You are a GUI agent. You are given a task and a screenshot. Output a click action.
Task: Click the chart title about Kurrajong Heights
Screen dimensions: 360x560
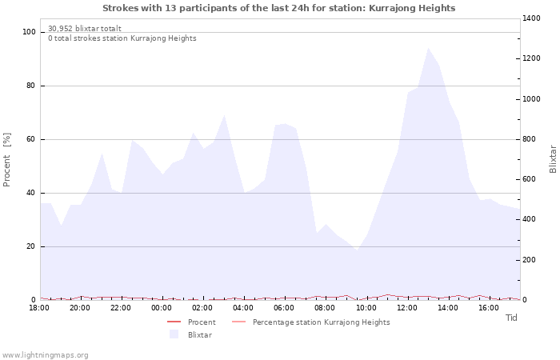[x=279, y=8]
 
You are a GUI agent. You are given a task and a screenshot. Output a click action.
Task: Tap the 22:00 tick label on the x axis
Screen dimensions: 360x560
[x=121, y=308]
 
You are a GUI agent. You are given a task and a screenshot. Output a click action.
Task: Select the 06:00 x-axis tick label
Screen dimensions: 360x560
[x=284, y=308]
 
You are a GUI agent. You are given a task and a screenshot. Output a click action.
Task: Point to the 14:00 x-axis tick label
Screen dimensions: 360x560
[x=448, y=308]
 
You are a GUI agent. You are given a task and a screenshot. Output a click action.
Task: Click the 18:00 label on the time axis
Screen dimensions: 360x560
[x=39, y=308]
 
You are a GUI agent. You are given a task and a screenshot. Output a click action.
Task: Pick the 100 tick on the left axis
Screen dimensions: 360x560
[x=29, y=32]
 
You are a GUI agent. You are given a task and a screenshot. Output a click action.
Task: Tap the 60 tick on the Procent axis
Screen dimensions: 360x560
[x=31, y=139]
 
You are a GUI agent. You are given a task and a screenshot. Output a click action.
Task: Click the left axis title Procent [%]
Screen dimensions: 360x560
[x=7, y=159]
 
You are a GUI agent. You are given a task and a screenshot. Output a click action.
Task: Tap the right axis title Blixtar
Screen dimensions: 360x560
[x=553, y=159]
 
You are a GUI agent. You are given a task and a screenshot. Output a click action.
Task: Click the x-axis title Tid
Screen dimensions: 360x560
[x=512, y=318]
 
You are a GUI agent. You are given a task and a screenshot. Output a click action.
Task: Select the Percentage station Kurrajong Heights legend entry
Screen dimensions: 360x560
[x=321, y=322]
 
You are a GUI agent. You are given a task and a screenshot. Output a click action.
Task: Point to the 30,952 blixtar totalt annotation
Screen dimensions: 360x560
[x=85, y=29]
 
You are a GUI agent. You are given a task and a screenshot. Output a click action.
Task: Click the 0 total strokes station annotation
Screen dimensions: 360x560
[x=122, y=38]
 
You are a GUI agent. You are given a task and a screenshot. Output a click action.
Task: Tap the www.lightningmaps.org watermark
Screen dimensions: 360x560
[x=45, y=355]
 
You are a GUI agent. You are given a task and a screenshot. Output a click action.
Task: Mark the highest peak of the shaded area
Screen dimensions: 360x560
[x=428, y=48]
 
